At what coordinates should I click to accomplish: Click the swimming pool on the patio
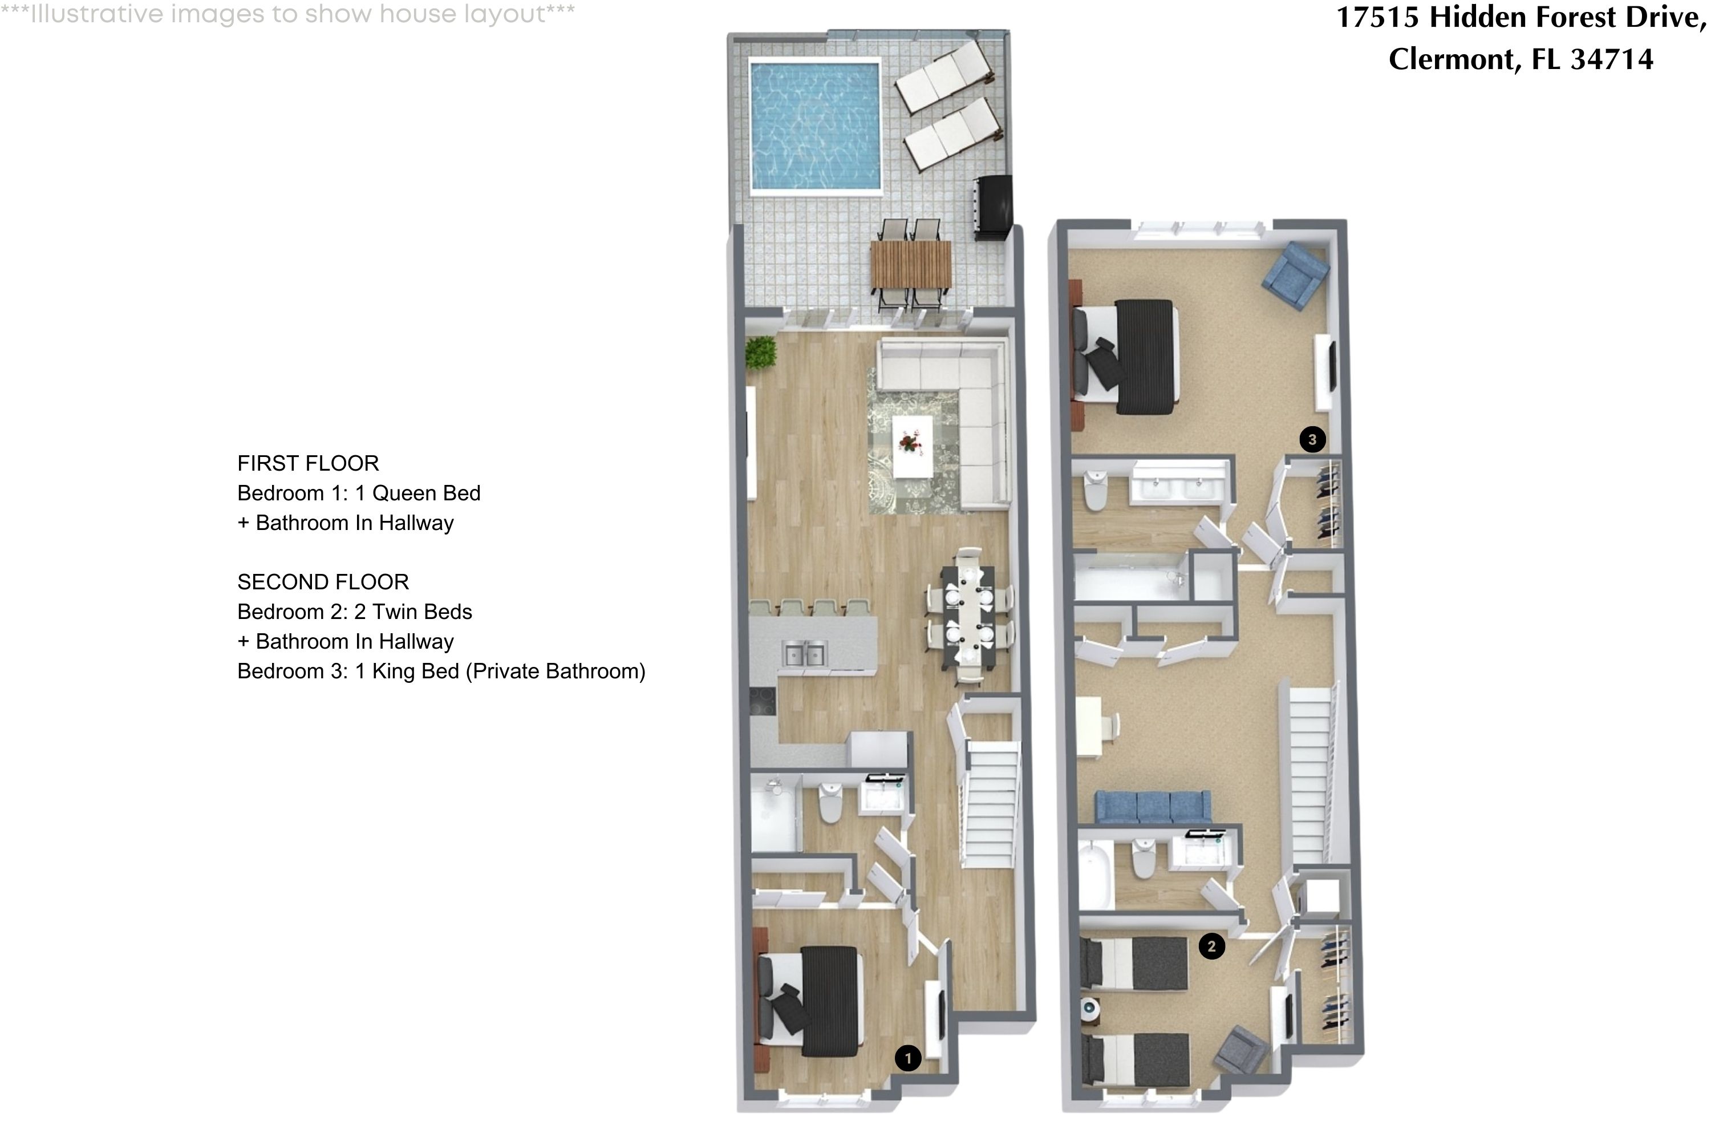click(816, 127)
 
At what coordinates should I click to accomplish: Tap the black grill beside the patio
click(992, 208)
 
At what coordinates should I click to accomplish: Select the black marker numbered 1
click(907, 1058)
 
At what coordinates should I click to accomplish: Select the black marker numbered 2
click(1211, 946)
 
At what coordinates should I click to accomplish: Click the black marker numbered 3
click(1312, 439)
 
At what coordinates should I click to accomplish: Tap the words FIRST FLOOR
click(308, 463)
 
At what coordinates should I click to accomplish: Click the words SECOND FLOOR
click(323, 582)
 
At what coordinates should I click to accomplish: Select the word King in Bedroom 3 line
click(394, 671)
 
